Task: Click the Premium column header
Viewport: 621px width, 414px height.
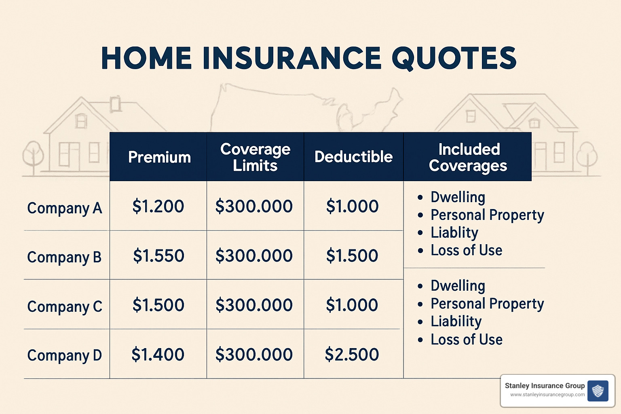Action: (159, 157)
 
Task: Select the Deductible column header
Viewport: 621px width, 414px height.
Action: (353, 157)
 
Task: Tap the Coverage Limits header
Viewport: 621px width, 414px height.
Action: (255, 157)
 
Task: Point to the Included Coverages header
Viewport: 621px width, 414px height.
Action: (468, 157)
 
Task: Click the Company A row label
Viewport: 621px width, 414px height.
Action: (65, 208)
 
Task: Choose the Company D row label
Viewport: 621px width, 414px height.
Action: (65, 355)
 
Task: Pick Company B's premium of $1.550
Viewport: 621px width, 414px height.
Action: (158, 256)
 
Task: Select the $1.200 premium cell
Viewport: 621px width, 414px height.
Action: (158, 206)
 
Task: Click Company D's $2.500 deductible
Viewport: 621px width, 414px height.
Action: (352, 355)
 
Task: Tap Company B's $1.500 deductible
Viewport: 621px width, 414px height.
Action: (352, 256)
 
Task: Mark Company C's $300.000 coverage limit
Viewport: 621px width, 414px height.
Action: (254, 305)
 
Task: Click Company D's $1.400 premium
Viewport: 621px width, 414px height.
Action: (158, 355)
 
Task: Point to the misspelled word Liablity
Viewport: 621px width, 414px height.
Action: (454, 232)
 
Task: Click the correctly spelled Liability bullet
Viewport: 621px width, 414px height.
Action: (456, 321)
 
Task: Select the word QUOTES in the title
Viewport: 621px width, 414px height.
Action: (454, 58)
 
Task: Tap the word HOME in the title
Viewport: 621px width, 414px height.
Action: (146, 58)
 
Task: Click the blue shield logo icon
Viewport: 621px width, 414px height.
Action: (598, 391)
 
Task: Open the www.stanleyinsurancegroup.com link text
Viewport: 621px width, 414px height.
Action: (547, 395)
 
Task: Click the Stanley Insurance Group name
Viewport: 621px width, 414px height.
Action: (545, 386)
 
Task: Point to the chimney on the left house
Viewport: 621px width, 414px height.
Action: (116, 103)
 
